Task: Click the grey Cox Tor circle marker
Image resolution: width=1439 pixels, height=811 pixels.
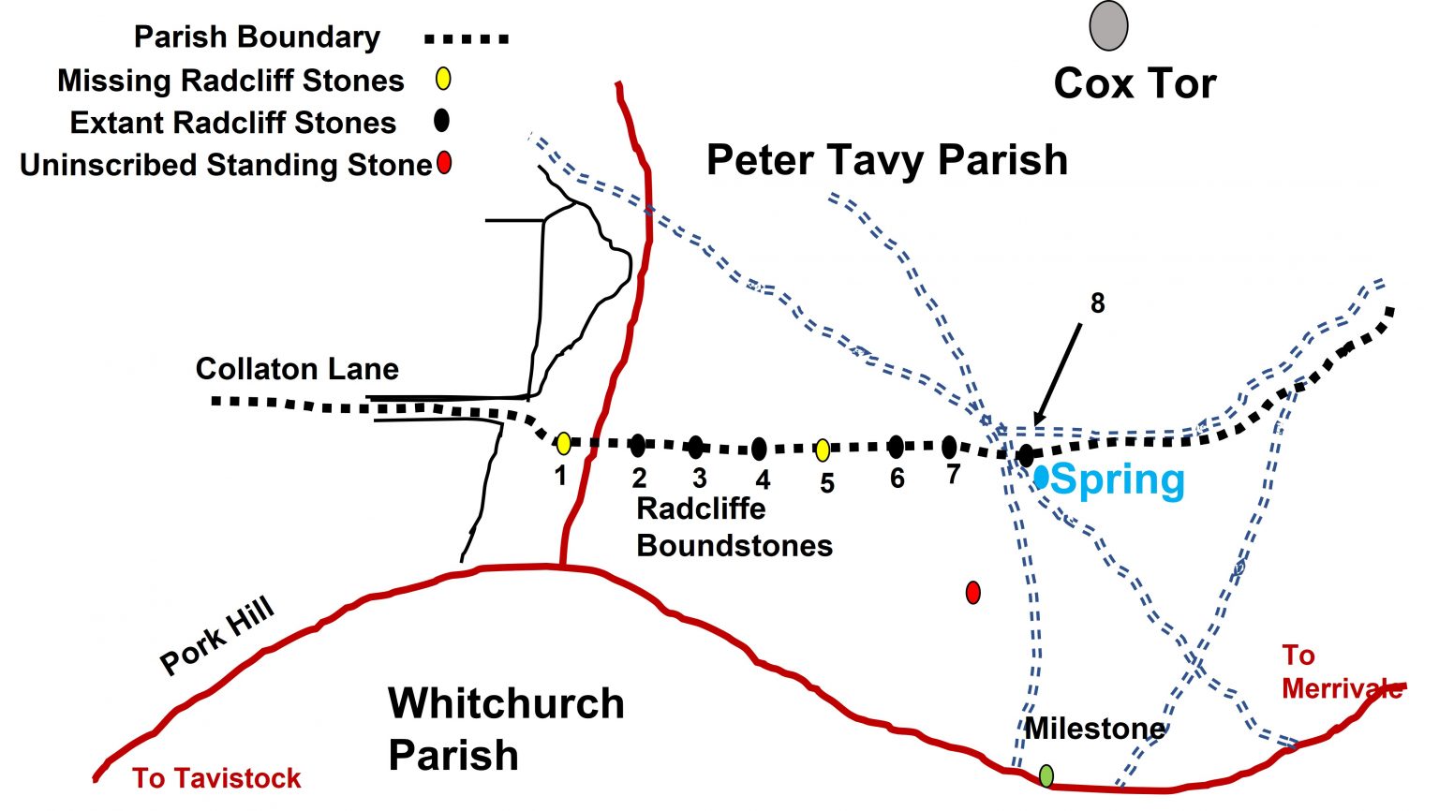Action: (x=1108, y=26)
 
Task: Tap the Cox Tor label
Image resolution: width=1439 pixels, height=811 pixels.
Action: (x=1135, y=84)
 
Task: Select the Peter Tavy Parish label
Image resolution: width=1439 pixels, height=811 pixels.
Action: (x=886, y=160)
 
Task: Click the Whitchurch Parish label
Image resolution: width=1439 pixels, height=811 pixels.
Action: (x=506, y=729)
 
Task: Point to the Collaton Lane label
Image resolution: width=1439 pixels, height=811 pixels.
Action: (x=297, y=369)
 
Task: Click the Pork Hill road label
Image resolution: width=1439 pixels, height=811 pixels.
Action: (x=217, y=636)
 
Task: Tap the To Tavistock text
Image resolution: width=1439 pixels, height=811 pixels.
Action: (x=216, y=778)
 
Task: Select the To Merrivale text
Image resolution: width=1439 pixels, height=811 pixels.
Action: (x=1340, y=672)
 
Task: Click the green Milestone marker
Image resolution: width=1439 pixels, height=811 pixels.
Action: (x=1046, y=775)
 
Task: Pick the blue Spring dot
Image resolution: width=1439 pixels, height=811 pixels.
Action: (x=1041, y=477)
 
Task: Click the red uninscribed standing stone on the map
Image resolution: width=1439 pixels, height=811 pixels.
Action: (x=973, y=592)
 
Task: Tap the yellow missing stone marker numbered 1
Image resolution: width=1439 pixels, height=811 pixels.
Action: (x=563, y=444)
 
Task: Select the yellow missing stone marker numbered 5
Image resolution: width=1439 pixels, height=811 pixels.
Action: (x=822, y=450)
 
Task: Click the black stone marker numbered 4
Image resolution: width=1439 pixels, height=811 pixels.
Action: (x=759, y=449)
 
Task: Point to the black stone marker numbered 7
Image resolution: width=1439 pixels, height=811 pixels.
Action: (x=949, y=447)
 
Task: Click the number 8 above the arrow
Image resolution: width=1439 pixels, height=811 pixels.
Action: (x=1097, y=303)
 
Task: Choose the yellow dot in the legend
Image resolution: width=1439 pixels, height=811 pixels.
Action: (x=443, y=79)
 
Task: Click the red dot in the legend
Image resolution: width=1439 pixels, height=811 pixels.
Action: (x=444, y=163)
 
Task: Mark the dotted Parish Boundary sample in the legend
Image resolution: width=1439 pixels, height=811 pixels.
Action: (x=467, y=39)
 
